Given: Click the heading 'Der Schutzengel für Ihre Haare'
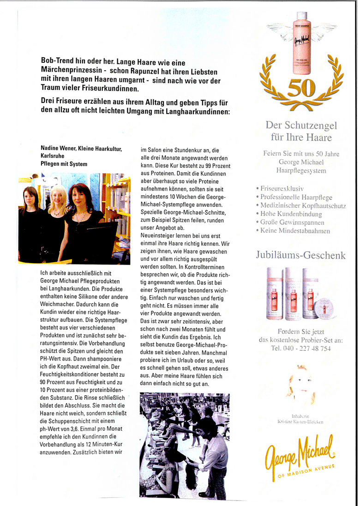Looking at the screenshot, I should point(301,131).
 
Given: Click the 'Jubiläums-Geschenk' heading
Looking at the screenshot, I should point(300,255).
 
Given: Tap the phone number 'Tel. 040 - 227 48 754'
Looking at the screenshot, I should point(301,349).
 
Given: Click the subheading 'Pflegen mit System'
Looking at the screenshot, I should point(64,164).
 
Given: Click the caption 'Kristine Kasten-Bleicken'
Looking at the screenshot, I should point(300,422).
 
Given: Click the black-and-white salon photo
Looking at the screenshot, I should point(184,446).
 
